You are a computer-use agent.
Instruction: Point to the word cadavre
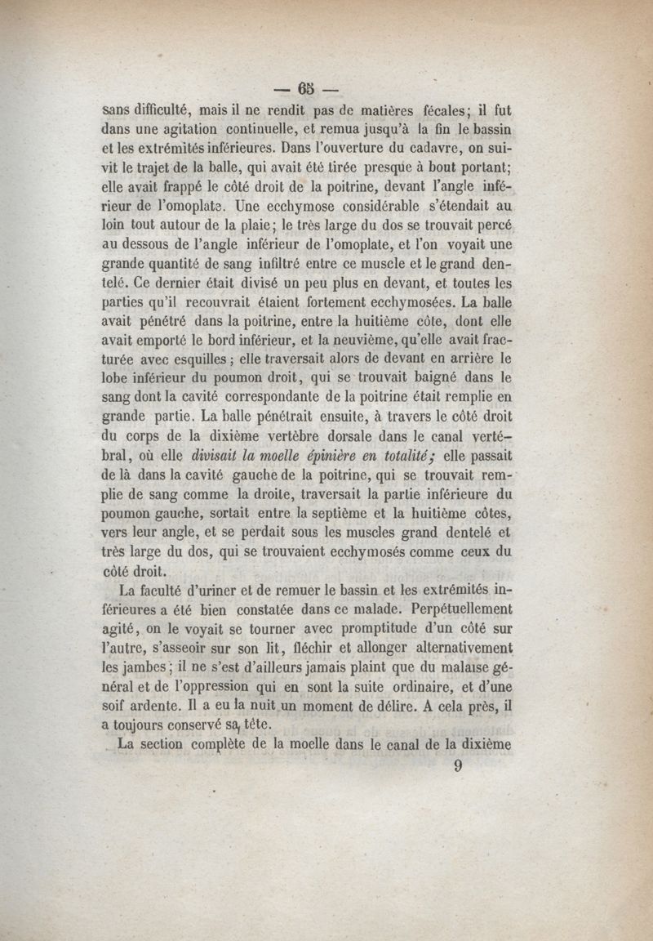click(x=437, y=149)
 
